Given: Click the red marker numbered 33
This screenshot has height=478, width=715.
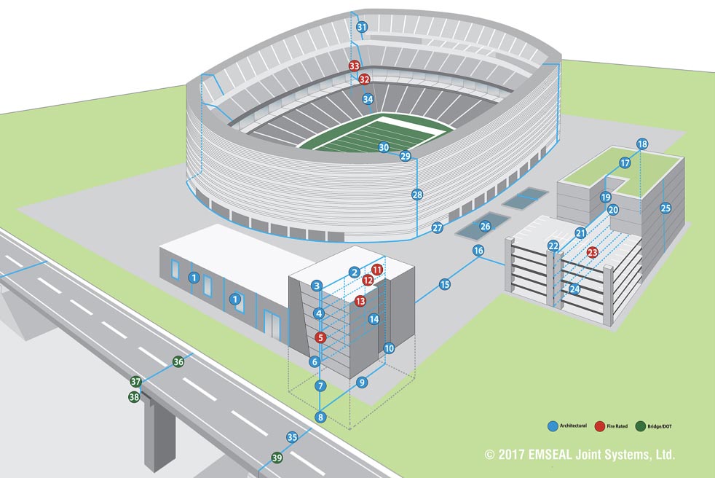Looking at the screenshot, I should tap(355, 66).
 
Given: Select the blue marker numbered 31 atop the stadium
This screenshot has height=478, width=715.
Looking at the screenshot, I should tap(362, 28).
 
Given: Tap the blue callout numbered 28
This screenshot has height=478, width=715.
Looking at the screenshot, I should tap(417, 195).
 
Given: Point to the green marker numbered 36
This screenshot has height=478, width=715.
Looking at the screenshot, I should tap(178, 361).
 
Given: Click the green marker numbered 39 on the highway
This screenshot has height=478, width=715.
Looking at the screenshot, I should tap(277, 458).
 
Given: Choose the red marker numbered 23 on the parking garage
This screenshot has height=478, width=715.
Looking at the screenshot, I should tap(592, 252).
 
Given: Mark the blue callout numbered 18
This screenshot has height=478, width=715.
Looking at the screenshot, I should tap(641, 144).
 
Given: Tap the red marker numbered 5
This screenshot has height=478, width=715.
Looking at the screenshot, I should tap(320, 337).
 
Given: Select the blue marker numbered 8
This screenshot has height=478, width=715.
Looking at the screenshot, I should tap(320, 417).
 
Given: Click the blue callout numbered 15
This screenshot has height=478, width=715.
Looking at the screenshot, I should tap(445, 284).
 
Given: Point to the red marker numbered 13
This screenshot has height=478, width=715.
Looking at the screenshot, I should tap(360, 301).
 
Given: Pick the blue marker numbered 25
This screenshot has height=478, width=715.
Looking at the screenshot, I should tap(665, 208).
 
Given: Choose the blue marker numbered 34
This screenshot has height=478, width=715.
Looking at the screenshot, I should tap(368, 99).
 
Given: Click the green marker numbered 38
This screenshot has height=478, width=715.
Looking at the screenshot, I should tap(134, 397).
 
